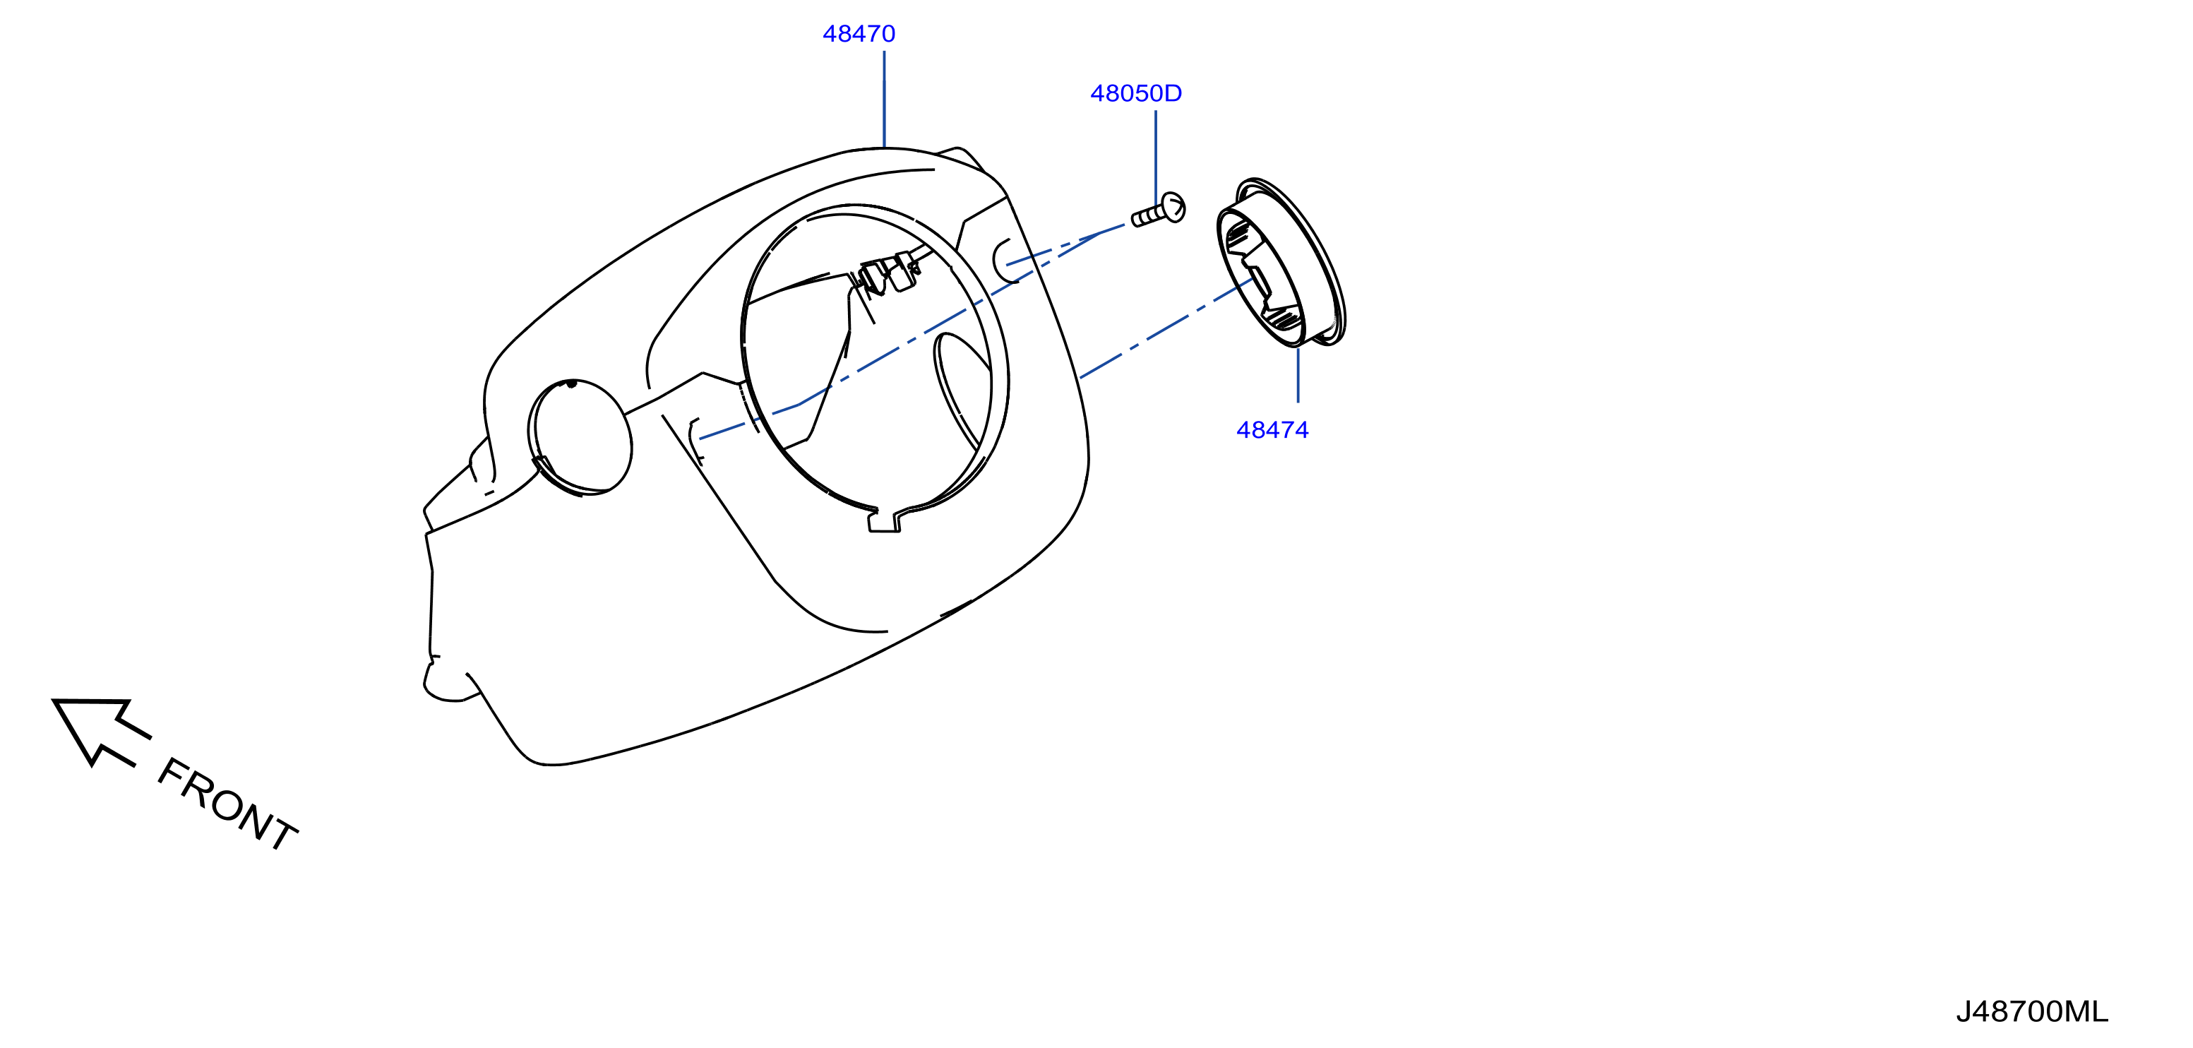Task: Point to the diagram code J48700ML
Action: [x=2031, y=1012]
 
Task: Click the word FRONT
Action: [x=227, y=804]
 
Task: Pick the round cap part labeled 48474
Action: [x=1281, y=262]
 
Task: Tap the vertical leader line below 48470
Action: [x=885, y=99]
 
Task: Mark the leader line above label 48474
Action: [x=1298, y=374]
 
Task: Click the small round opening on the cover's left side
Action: [x=580, y=436]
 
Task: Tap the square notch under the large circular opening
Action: [x=885, y=521]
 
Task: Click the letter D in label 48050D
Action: [x=1174, y=94]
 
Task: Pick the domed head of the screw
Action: [x=1174, y=207]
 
